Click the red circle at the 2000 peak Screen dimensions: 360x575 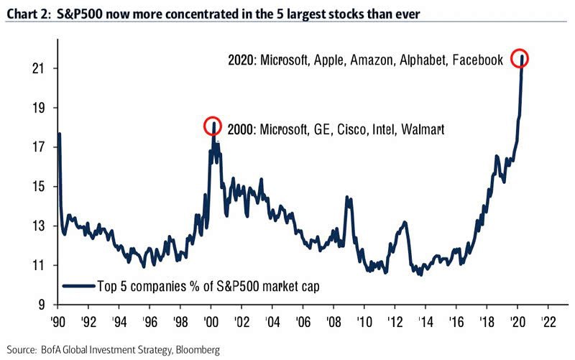(212, 126)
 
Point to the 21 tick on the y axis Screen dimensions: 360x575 (34, 69)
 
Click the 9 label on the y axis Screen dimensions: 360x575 (37, 305)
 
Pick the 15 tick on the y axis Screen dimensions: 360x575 (34, 187)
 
